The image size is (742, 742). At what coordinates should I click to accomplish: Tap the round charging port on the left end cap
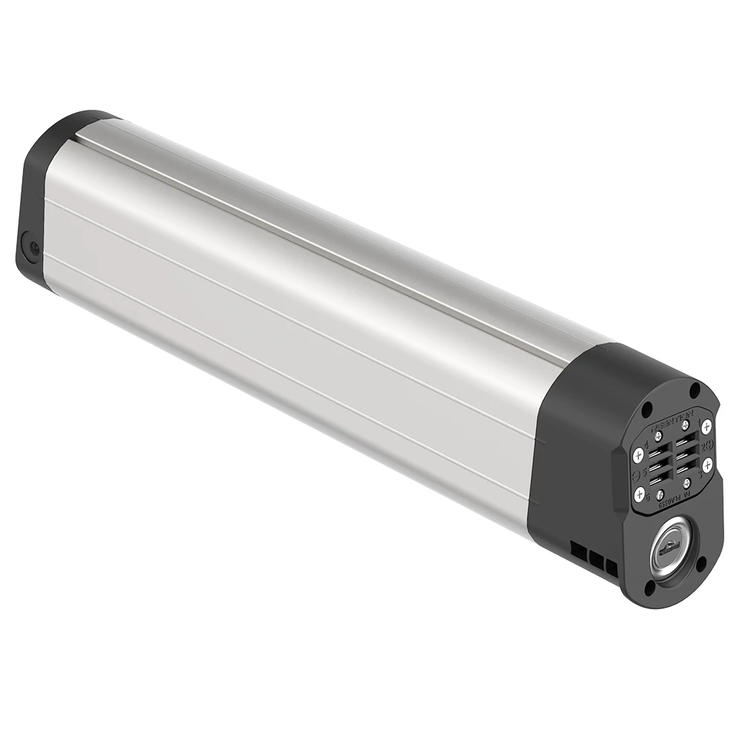pos(33,247)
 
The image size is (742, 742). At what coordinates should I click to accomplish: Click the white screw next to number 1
pos(706,427)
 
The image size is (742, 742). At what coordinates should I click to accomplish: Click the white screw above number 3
pos(707,464)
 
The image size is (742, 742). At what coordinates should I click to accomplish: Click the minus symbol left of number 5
pos(636,471)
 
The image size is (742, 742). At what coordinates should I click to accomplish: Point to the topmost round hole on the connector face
pos(695,388)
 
